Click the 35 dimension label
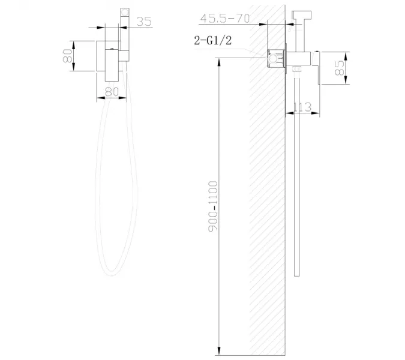click(143, 22)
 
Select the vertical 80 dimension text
click(69, 56)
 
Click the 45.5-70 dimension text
click(225, 19)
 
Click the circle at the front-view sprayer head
click(126, 11)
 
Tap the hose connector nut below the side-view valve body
click(296, 73)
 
